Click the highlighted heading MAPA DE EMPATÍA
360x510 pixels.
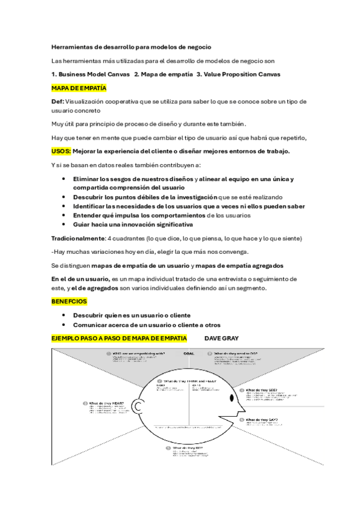[x=79, y=88]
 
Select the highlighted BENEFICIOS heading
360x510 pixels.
[x=69, y=301]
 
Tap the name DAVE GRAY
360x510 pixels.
[x=222, y=339]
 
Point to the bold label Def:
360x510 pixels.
[x=58, y=102]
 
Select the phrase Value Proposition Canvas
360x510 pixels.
[x=245, y=74]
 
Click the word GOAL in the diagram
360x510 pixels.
[x=189, y=354]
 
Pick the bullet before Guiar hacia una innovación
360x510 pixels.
[x=64, y=225]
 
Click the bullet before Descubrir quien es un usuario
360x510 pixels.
[x=64, y=315]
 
